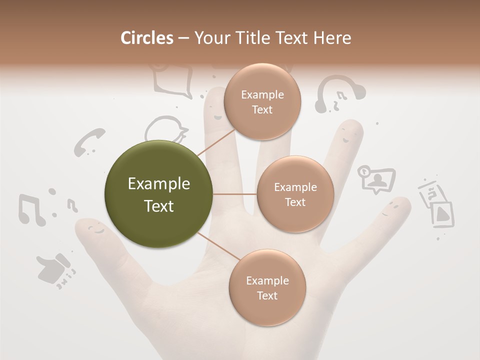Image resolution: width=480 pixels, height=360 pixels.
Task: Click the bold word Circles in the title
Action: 147,38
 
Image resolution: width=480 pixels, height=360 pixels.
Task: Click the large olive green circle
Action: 159,194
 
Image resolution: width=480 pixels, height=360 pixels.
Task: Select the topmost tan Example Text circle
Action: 262,102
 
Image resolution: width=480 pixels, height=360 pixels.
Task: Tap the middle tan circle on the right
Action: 295,194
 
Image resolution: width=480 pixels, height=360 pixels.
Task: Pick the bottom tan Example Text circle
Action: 267,288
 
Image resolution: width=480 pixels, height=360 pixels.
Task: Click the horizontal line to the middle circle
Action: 235,194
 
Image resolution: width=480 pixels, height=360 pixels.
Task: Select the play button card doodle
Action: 442,214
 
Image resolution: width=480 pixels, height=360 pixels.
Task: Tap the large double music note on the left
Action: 31,209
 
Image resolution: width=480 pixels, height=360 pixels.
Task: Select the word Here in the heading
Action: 332,38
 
